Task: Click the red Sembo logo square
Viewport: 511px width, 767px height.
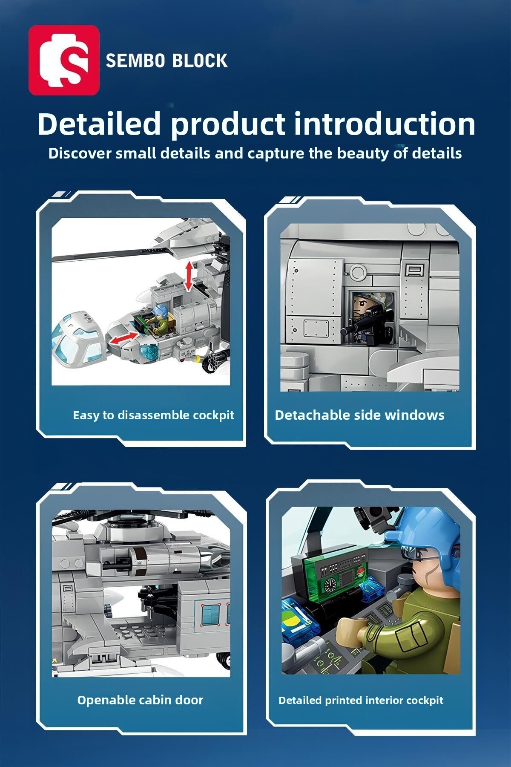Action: click(64, 60)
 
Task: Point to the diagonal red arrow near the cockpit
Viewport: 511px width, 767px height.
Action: click(124, 337)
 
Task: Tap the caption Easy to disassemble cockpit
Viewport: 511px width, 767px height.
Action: click(153, 415)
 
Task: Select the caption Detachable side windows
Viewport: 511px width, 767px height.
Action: click(359, 415)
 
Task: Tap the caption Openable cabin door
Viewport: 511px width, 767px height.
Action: click(140, 700)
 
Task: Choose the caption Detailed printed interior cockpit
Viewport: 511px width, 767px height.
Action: click(361, 700)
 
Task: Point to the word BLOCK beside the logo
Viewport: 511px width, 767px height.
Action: click(200, 61)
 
